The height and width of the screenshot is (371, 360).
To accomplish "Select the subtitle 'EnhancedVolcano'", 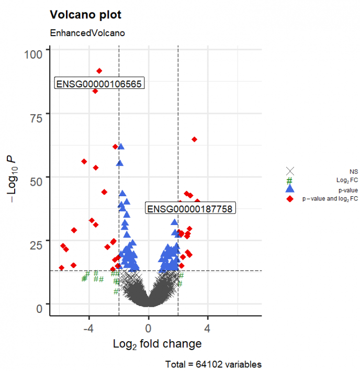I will coord(87,33).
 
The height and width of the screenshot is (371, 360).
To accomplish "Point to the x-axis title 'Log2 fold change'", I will coord(157,344).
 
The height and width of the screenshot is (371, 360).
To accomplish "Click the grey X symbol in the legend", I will coord(290,171).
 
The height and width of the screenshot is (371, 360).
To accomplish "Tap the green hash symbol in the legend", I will coord(290,180).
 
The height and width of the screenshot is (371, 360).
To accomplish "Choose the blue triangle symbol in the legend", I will coord(290,189).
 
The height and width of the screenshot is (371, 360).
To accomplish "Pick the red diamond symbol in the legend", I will coord(290,199).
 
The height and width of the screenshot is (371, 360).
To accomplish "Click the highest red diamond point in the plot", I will coord(99,71).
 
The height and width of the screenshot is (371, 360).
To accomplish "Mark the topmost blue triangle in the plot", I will coord(121,147).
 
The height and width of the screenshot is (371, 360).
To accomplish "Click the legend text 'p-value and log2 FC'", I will coord(330,199).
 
